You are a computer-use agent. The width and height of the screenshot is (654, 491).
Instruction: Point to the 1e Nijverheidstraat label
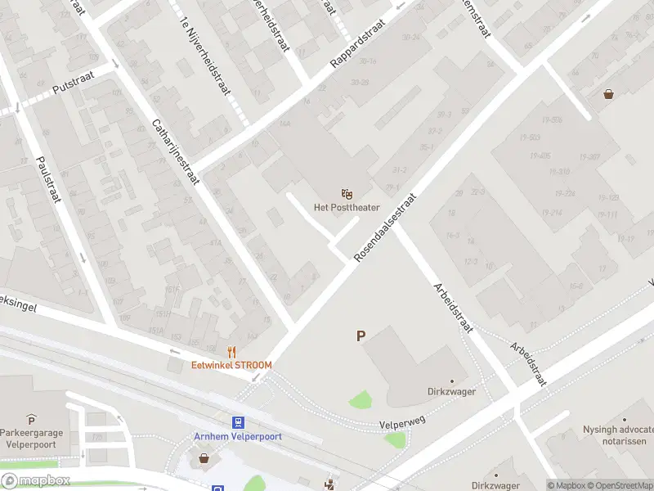click(x=204, y=58)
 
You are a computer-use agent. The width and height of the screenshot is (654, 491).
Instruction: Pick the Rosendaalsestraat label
click(x=385, y=228)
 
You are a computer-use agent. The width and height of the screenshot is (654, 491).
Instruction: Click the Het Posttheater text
click(x=347, y=208)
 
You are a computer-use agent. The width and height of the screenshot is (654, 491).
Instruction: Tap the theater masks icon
click(x=347, y=193)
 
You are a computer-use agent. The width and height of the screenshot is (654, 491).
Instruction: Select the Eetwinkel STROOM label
click(x=232, y=365)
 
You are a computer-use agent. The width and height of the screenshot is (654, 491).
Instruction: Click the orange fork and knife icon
click(x=232, y=352)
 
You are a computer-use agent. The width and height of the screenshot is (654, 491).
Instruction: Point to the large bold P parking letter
click(x=360, y=336)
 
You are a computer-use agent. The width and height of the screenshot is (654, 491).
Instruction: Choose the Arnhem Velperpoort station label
click(x=238, y=436)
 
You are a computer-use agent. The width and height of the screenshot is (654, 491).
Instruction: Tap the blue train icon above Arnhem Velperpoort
click(x=238, y=422)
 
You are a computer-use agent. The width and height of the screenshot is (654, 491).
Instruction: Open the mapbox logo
click(x=35, y=481)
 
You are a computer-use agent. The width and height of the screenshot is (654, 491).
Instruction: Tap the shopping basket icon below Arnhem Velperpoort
click(x=204, y=460)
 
